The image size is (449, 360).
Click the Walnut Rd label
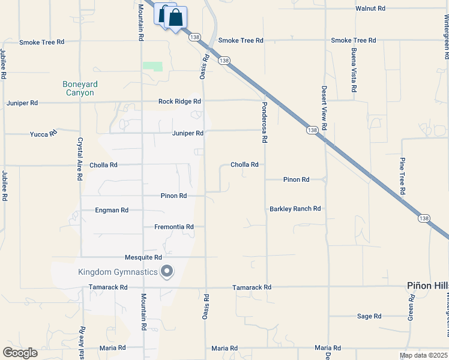[x=370, y=9]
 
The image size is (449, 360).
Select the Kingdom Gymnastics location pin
[x=167, y=272]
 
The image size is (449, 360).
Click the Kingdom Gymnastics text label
[x=117, y=272]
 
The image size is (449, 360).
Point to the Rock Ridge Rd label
[x=179, y=101]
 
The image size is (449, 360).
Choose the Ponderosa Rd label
[x=264, y=122]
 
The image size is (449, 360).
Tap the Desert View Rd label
[x=324, y=108]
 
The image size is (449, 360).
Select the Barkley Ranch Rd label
[x=295, y=209]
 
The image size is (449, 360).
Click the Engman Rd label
[x=112, y=211]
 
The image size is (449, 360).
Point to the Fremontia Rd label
[x=174, y=227]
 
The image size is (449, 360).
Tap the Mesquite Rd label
[x=143, y=257]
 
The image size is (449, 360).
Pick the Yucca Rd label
[x=43, y=134]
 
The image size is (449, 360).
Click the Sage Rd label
[x=369, y=316]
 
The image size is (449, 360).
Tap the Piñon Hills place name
[x=428, y=287]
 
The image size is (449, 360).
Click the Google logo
[x=20, y=353]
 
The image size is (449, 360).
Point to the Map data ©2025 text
[x=423, y=356]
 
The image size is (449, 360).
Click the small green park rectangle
[x=152, y=67]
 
